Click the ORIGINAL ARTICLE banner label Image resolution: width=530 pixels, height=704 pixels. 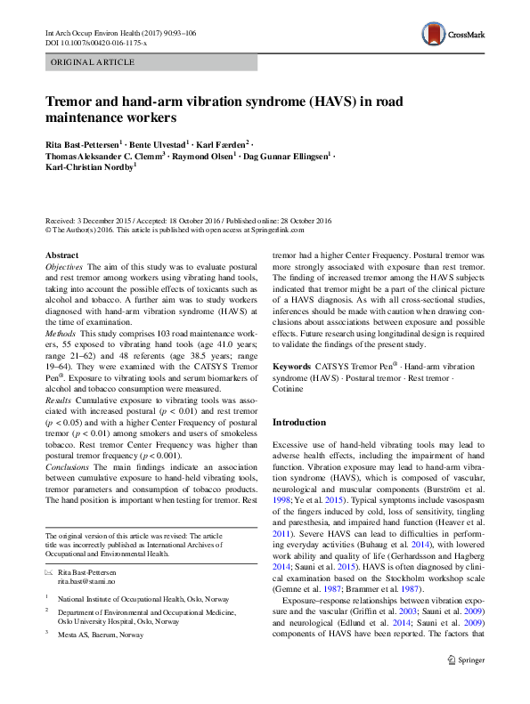point(94,62)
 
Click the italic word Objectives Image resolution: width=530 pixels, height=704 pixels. point(64,267)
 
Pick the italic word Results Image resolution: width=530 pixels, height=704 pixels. point(60,402)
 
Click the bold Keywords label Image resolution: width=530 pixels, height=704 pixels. point(291,366)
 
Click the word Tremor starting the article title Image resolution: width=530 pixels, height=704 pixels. point(69,101)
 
